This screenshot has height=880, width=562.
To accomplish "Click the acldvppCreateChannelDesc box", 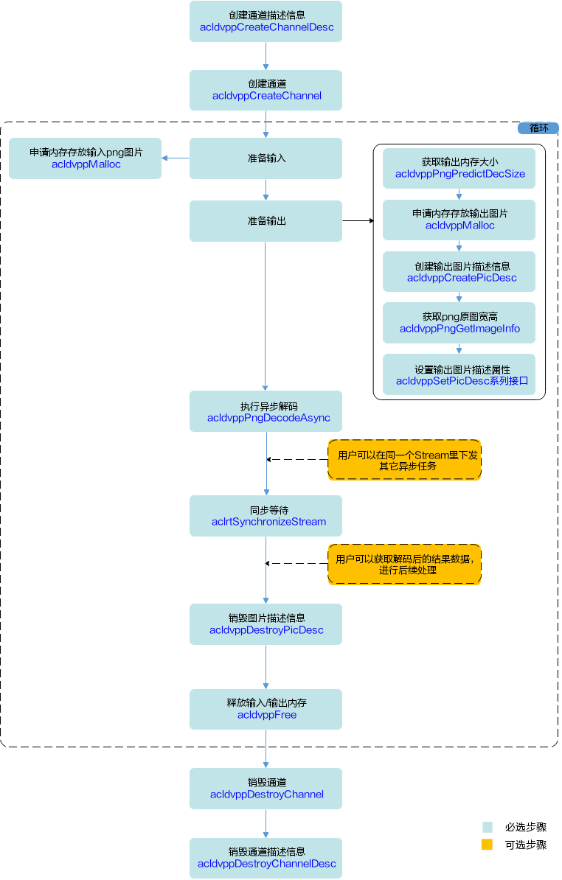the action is [266, 21].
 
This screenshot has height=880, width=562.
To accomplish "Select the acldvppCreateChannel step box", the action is [266, 91].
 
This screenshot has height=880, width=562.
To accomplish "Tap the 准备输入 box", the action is [266, 158].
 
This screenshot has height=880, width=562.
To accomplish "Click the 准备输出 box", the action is [266, 221].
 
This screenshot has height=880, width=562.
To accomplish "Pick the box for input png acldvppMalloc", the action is [86, 158].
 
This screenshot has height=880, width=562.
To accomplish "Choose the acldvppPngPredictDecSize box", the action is [459, 168].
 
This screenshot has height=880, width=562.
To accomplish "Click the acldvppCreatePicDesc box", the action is [459, 272].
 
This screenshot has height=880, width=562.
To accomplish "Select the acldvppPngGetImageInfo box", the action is [459, 323].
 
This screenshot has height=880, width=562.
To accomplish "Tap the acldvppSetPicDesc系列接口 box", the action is [459, 374].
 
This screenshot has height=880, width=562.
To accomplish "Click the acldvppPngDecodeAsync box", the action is [266, 411].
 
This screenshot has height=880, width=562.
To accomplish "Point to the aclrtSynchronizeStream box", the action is [266, 516].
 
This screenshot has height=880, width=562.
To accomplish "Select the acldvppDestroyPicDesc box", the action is [266, 624].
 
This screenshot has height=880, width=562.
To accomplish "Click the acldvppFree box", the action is [266, 710].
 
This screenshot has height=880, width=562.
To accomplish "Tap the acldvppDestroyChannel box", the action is [266, 789].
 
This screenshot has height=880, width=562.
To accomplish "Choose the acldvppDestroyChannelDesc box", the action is [266, 858].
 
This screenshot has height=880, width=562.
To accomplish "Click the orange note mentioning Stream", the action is [404, 460].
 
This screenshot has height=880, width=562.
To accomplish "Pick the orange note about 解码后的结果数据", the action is [404, 565].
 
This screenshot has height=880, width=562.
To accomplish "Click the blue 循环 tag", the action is [538, 128].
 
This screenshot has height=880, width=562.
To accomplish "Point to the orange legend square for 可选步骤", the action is [487, 844].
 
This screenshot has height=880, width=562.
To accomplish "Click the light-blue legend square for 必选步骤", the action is [487, 827].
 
